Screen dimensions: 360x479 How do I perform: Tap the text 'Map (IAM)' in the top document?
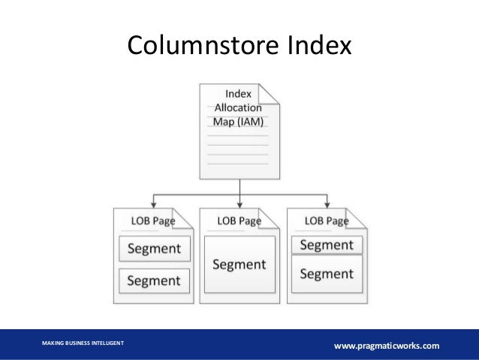(239, 122)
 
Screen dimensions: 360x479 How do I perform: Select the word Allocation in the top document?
(239, 107)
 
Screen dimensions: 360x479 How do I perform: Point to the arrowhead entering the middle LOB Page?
(239, 204)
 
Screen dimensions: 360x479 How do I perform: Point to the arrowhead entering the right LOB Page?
(327, 204)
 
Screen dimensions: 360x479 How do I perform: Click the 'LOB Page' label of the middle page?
(239, 221)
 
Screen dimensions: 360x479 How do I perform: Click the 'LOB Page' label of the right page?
(325, 221)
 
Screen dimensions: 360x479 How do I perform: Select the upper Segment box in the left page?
(154, 249)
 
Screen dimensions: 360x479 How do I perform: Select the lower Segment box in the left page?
(154, 280)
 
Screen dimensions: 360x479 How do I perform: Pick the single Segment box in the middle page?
(239, 265)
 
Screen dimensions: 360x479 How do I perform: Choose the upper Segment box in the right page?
(327, 245)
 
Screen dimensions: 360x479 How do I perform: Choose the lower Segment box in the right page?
(327, 274)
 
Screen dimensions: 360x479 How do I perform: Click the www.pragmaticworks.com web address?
(387, 345)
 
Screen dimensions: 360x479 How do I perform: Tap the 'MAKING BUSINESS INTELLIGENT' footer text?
(83, 343)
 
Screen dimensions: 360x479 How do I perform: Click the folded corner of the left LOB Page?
(184, 216)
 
